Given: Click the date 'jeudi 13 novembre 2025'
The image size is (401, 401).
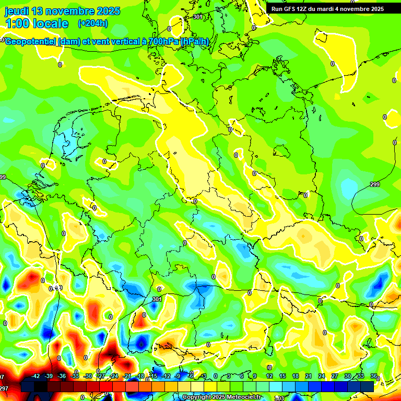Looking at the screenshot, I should (x=63, y=11).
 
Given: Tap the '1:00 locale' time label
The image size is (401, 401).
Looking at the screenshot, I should (x=37, y=23).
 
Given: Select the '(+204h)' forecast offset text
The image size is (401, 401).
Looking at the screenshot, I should (x=92, y=23).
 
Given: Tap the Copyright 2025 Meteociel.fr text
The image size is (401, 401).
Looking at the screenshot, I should (x=221, y=397).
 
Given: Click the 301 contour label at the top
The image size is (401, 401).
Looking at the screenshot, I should (x=197, y=17).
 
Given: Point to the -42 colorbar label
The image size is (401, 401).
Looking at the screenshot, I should (x=36, y=376).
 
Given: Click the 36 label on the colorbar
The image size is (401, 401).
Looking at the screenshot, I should (x=373, y=376).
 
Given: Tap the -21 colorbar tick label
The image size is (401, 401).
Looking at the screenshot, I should (x=127, y=376).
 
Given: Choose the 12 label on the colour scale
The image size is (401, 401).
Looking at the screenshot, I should (x=269, y=376).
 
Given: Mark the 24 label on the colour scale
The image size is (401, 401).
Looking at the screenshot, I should (x=321, y=376).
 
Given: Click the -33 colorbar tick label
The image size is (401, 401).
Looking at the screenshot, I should (x=75, y=376).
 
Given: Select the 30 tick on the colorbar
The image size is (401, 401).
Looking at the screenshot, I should (x=347, y=376).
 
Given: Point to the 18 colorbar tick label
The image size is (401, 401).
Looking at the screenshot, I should (x=295, y=376).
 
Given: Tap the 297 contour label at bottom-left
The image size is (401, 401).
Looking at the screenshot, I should (x=4, y=388).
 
